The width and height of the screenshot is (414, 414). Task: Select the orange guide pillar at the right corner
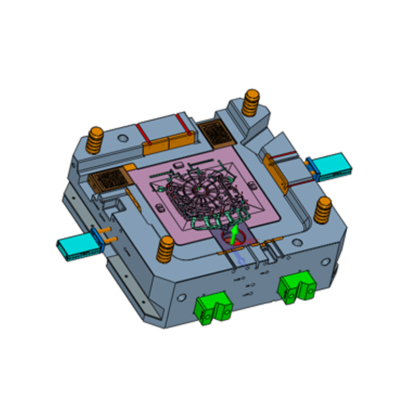tap(324, 209)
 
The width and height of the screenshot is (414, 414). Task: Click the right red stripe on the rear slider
tap(183, 123)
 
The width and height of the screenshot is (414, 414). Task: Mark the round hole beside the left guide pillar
tap(123, 139)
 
